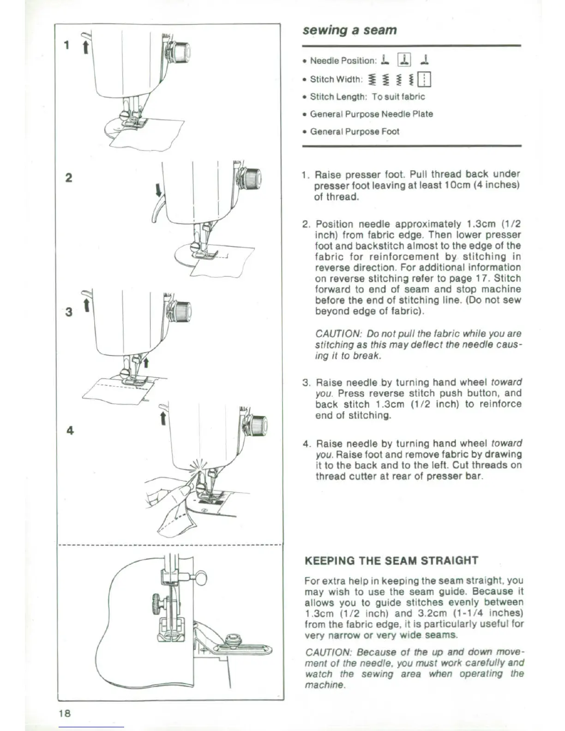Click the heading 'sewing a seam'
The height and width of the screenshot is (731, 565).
(349, 30)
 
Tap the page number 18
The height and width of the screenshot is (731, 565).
(65, 713)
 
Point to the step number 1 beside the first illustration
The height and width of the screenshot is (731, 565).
(67, 45)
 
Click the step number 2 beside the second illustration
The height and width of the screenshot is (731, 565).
(68, 177)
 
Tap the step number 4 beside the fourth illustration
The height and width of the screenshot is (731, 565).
(70, 431)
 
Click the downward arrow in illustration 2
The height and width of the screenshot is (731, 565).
(158, 190)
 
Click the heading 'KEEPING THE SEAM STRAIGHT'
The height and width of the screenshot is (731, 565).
(391, 561)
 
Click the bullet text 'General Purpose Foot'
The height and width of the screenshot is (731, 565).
(355, 132)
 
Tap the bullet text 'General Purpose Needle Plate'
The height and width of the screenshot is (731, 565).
(371, 114)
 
